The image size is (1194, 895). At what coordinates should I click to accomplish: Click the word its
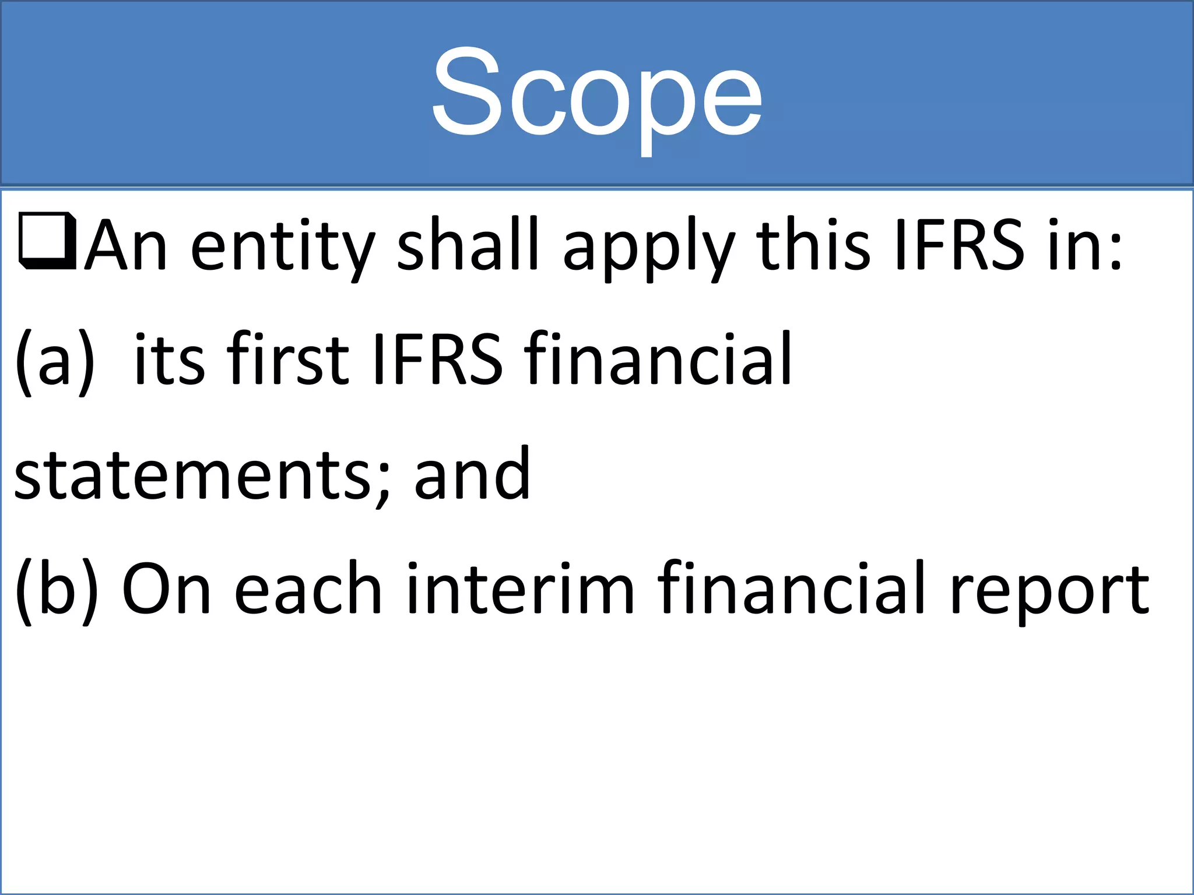(x=169, y=359)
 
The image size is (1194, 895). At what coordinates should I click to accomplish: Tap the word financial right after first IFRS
(x=658, y=358)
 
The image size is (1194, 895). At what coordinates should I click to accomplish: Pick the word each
(x=308, y=589)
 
